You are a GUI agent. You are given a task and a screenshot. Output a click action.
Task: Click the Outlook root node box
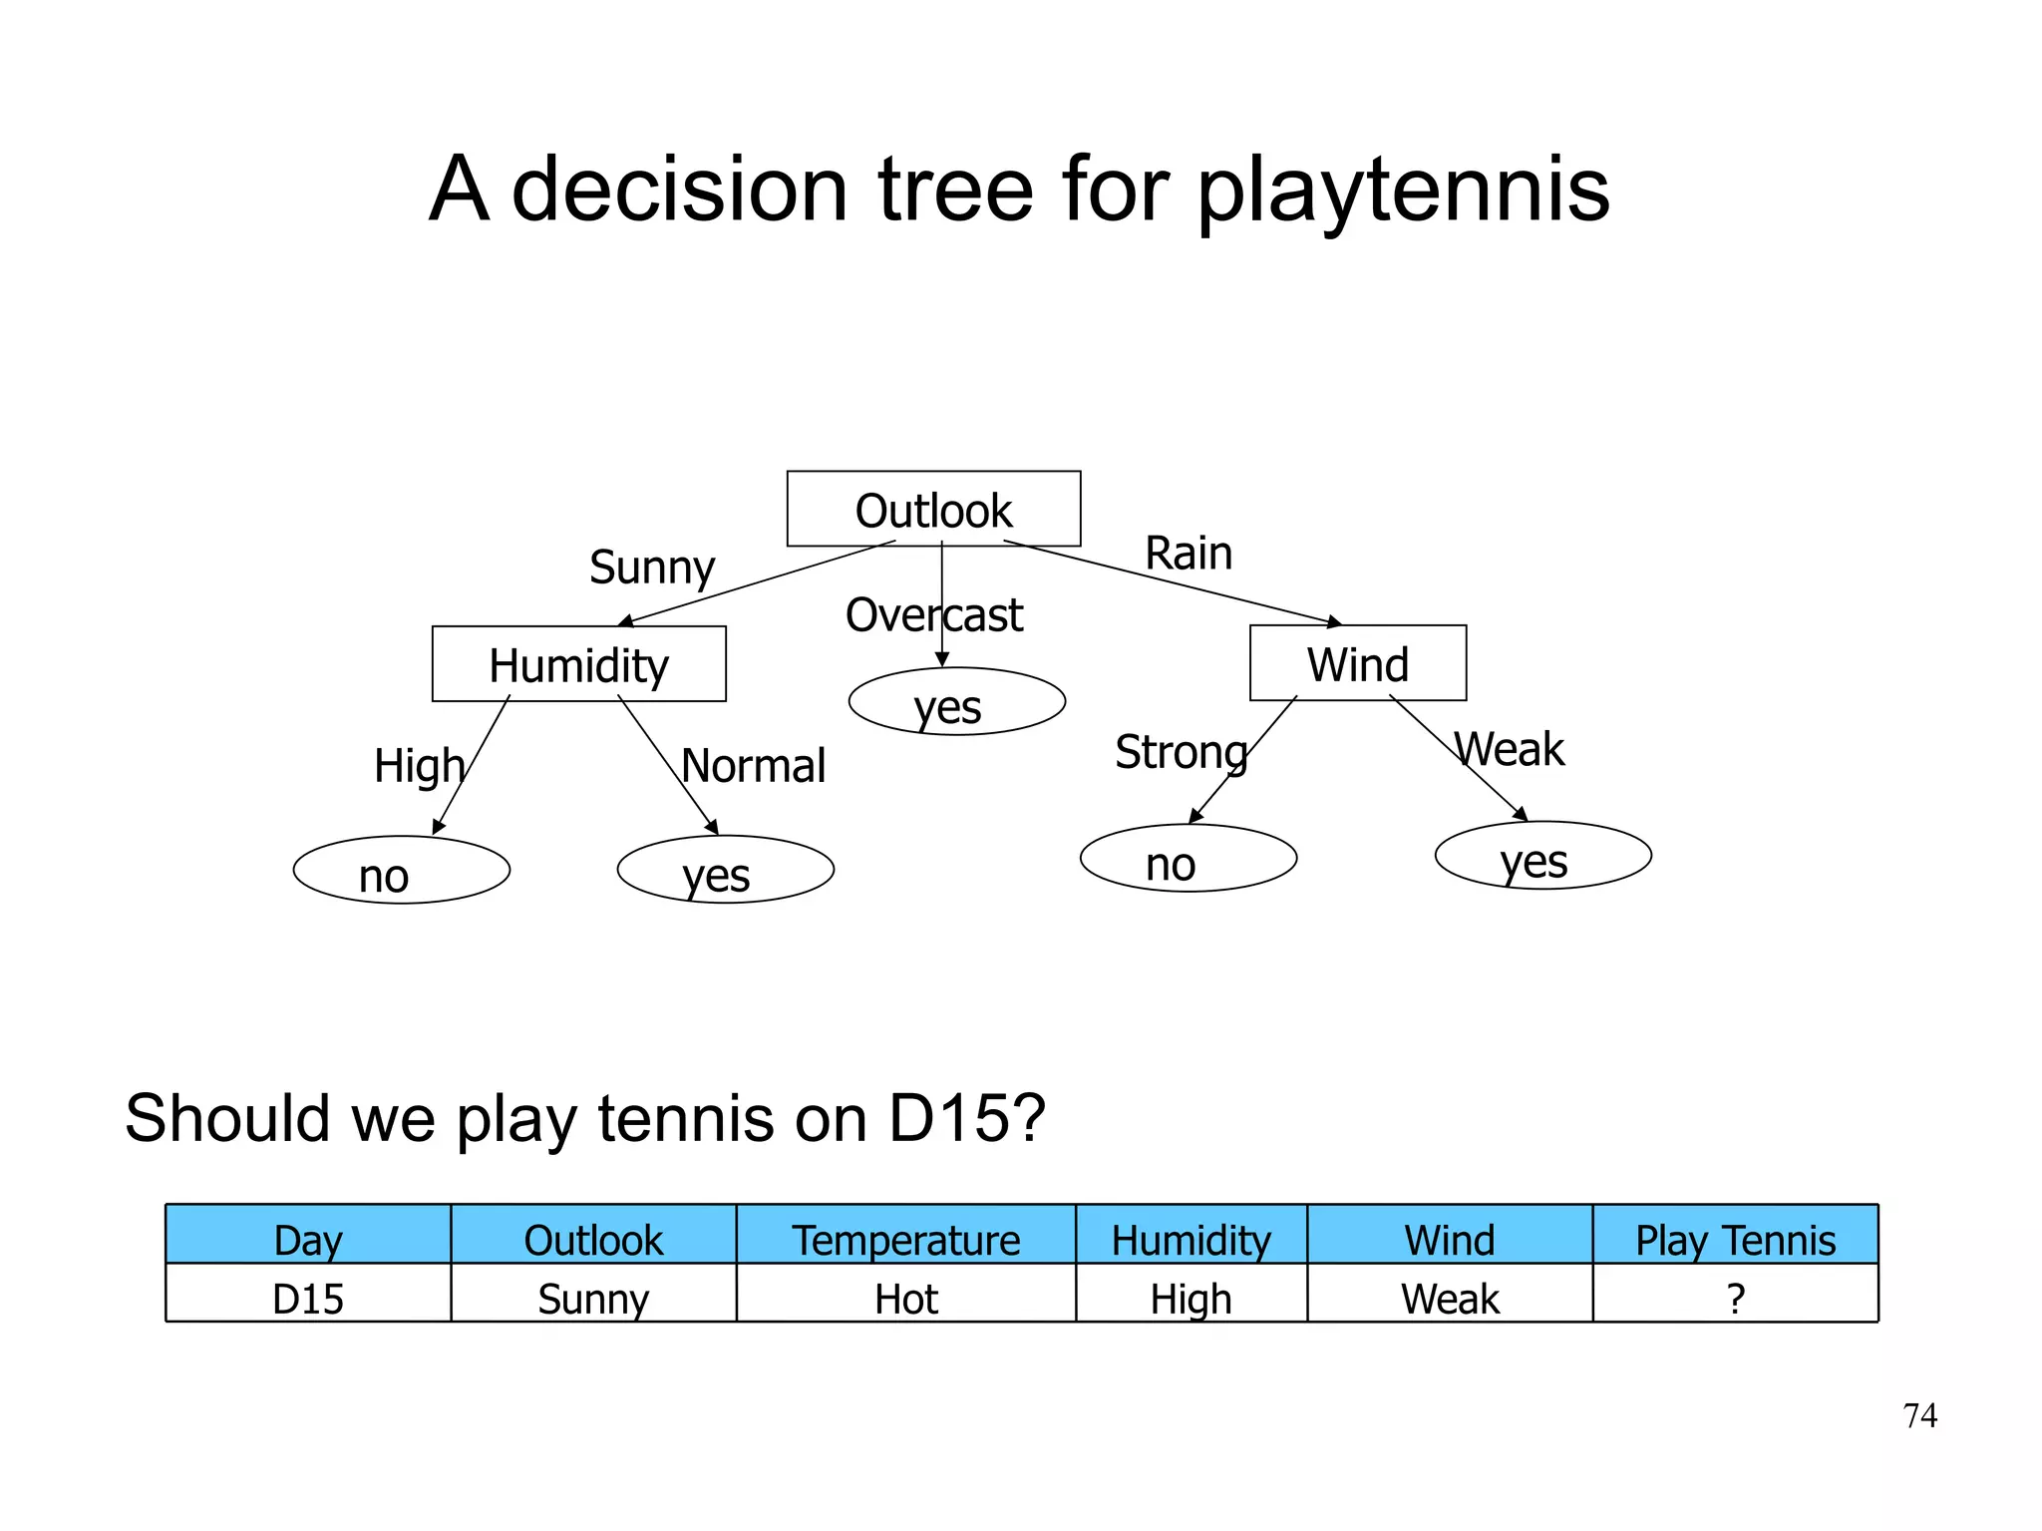[933, 509]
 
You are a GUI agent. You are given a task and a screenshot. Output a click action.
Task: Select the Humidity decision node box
[578, 664]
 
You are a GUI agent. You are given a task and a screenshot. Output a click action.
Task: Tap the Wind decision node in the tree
[1357, 663]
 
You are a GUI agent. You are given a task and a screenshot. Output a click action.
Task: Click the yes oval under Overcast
[956, 702]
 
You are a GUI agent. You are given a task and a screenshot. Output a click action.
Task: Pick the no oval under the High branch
[401, 870]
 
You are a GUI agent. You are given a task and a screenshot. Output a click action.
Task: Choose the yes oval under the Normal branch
[725, 870]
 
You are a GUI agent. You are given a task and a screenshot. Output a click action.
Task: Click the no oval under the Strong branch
[1188, 858]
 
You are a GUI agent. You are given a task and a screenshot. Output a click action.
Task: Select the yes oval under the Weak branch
[1542, 856]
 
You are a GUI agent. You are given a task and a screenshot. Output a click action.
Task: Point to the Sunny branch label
[652, 568]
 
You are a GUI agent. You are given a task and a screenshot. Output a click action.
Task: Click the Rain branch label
[1189, 553]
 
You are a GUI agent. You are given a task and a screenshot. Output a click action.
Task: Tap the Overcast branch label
[934, 615]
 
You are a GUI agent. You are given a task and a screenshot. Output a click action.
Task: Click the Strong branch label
[1181, 752]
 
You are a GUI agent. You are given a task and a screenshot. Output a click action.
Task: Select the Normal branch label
[754, 766]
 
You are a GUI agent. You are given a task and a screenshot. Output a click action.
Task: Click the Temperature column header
[905, 1240]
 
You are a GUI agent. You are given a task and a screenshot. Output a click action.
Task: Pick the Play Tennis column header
[1735, 1240]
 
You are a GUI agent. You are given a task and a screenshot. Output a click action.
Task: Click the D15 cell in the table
[308, 1299]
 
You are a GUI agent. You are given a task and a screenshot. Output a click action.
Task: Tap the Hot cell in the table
[905, 1299]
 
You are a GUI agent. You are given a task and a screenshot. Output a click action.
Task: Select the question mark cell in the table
[1735, 1299]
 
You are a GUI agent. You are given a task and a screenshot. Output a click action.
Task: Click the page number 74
[1919, 1415]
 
